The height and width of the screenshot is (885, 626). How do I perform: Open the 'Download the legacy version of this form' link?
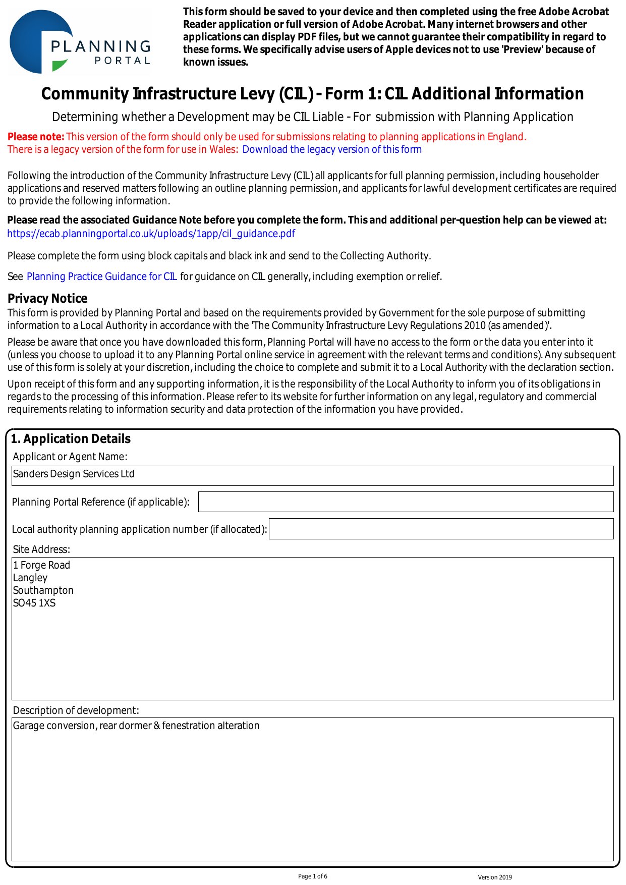tap(332, 149)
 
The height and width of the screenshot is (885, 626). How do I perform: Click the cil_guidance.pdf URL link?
tap(151, 234)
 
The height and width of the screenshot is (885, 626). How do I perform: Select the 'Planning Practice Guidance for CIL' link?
tap(102, 276)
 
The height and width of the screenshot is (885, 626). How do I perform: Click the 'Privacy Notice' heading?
tap(47, 298)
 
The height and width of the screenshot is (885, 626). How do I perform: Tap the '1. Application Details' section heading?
tap(71, 439)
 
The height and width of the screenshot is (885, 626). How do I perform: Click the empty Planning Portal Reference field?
tap(406, 502)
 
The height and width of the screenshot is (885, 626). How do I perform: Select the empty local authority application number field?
tap(441, 529)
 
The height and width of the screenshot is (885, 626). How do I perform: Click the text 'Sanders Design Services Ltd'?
tap(74, 474)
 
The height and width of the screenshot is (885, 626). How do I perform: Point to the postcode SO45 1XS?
tap(34, 603)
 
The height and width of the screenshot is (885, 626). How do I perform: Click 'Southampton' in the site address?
tap(43, 590)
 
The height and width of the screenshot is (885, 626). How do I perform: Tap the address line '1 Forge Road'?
tap(41, 565)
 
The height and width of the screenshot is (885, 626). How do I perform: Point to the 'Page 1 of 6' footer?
tap(313, 876)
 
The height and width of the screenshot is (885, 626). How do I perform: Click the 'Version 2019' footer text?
tap(495, 877)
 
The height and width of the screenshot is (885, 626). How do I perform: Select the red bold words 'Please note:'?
tap(36, 137)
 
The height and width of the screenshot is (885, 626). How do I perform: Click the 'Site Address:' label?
tap(41, 549)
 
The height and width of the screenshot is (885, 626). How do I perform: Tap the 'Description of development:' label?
tap(76, 710)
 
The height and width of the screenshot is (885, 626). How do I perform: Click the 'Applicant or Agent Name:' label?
tap(70, 457)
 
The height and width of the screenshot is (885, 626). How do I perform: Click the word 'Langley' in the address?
tap(30, 578)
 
